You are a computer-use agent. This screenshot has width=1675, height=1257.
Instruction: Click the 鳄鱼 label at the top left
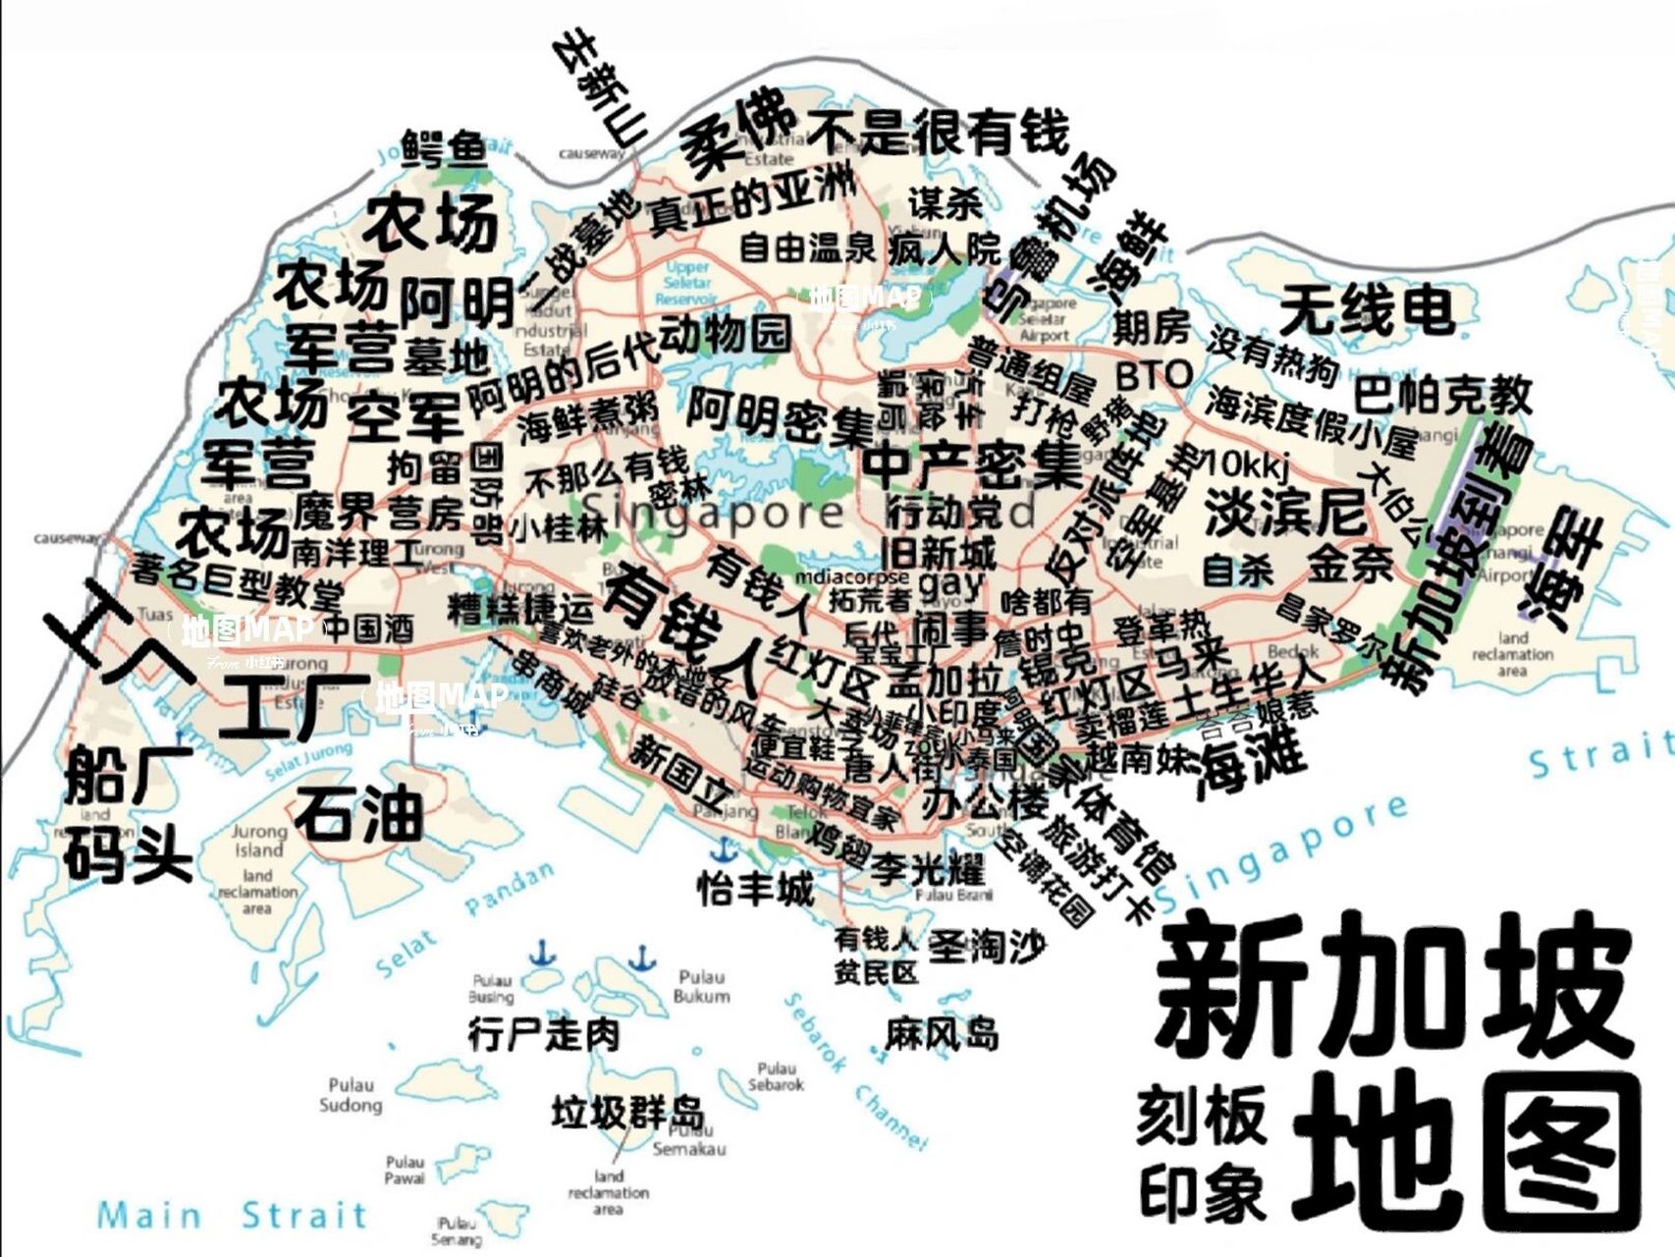coord(445,148)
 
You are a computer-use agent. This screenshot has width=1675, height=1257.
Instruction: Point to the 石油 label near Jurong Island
coord(359,813)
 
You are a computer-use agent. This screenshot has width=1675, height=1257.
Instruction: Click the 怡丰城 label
coord(755,890)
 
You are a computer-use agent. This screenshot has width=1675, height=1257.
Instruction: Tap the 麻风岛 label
coord(942,1034)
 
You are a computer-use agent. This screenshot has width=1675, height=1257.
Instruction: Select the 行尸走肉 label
coord(544,1034)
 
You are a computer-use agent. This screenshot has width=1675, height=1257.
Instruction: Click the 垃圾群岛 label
coord(627,1114)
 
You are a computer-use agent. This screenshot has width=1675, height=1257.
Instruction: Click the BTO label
coord(1154,374)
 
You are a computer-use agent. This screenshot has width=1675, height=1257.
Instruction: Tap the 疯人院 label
coord(944,248)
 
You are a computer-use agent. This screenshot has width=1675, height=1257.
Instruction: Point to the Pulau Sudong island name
coord(351,1095)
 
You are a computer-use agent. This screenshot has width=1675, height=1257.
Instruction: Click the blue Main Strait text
coord(232,1216)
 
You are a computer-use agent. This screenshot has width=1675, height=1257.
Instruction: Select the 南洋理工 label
coord(355,553)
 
